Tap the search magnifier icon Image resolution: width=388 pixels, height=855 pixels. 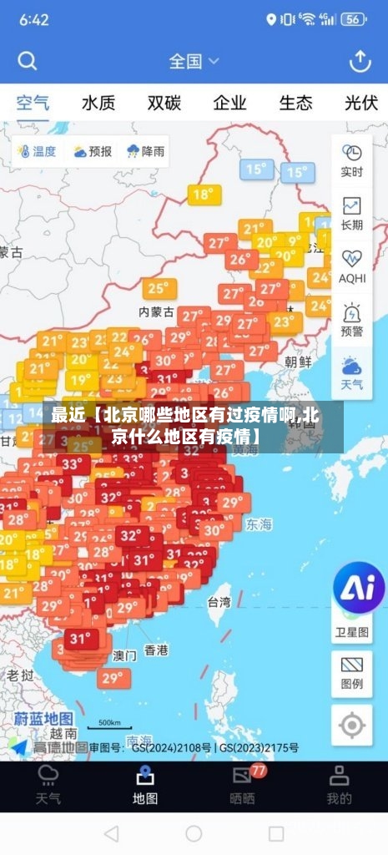click(x=28, y=61)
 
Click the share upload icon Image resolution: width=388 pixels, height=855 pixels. click(x=360, y=61)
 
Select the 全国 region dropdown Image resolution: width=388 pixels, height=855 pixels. click(x=194, y=61)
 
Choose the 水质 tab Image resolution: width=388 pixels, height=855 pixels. click(x=98, y=104)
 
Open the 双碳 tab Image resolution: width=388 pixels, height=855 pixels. click(x=164, y=104)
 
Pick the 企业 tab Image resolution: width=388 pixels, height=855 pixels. click(x=229, y=104)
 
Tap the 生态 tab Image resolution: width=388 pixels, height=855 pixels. click(x=295, y=104)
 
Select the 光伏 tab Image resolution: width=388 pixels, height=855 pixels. click(x=360, y=104)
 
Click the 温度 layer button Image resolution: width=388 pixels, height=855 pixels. click(x=35, y=151)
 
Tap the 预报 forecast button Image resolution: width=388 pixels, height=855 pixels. click(x=92, y=151)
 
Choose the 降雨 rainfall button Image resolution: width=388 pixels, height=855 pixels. click(x=145, y=151)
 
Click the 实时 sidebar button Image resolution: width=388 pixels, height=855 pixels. click(x=351, y=159)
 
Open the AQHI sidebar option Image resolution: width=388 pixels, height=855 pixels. click(x=351, y=266)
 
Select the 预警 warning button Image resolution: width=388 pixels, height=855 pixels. click(x=351, y=320)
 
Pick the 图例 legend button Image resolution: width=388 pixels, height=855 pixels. click(x=351, y=673)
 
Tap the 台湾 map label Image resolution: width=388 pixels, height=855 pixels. click(x=219, y=602)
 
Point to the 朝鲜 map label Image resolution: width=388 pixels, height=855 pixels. click(x=298, y=362)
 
